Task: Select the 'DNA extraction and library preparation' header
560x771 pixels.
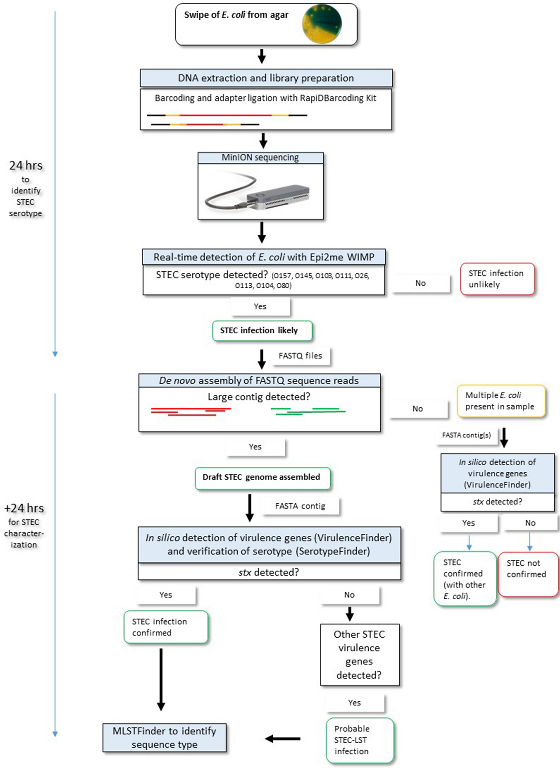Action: (266, 78)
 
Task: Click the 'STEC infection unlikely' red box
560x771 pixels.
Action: (497, 279)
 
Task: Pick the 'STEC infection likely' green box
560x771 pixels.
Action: (262, 330)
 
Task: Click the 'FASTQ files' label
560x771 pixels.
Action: (300, 356)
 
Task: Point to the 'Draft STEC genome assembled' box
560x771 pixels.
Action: (262, 477)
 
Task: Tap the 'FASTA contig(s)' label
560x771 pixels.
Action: (466, 435)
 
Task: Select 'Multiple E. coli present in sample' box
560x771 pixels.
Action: (501, 401)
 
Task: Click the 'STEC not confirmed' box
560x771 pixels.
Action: (527, 575)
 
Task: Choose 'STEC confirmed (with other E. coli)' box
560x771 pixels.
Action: (465, 579)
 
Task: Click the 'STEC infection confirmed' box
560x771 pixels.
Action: (165, 627)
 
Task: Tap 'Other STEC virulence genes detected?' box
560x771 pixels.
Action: (359, 654)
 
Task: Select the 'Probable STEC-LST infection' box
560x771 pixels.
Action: (359, 740)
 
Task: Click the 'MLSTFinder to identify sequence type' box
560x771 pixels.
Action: (165, 737)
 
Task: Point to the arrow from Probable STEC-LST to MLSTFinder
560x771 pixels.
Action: (283, 738)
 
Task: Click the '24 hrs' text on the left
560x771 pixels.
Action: (26, 166)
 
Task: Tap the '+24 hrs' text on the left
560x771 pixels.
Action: (24, 508)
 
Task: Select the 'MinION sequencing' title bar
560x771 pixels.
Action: (260, 158)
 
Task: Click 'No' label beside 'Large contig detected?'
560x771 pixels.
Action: (418, 409)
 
